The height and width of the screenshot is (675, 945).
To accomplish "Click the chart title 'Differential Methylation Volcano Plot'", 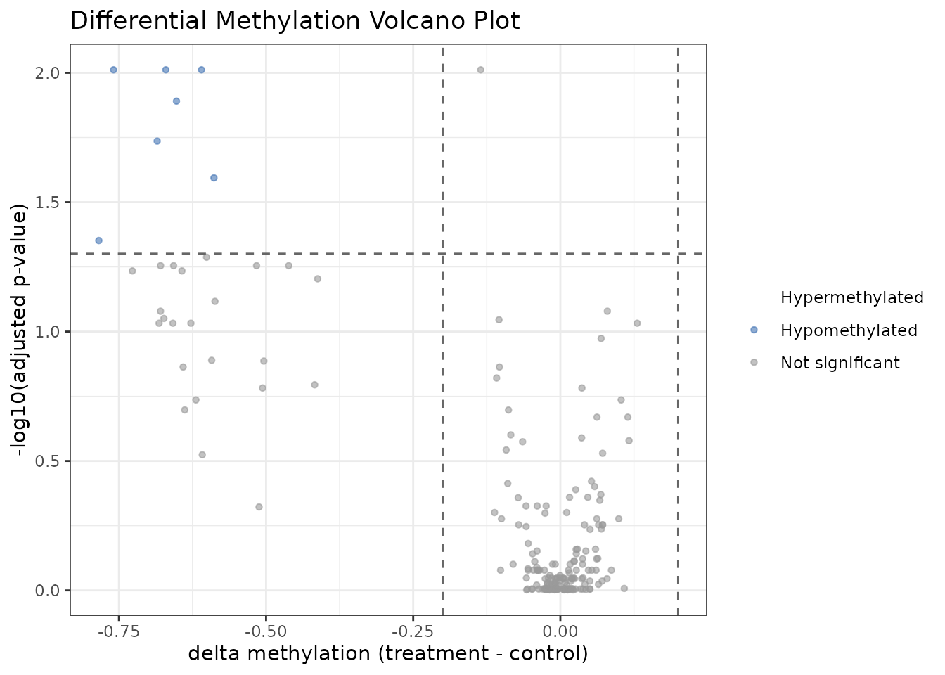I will (295, 21).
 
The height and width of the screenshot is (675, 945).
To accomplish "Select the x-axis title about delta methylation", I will (387, 654).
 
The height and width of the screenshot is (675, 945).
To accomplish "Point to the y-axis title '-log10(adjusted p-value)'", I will (21, 330).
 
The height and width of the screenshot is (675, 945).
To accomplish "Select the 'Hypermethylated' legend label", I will (851, 298).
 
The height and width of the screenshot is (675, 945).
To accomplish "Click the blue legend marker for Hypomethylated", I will (754, 330).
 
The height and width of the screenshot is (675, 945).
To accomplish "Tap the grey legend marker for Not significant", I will (754, 363).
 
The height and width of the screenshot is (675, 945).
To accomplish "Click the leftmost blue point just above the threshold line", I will (99, 240).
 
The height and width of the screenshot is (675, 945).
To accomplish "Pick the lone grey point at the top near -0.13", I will (481, 70).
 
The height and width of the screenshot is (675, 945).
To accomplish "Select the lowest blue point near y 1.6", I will (214, 178).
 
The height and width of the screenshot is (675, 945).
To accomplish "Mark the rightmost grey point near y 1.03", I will (637, 323).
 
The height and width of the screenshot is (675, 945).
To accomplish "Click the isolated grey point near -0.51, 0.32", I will (259, 507).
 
